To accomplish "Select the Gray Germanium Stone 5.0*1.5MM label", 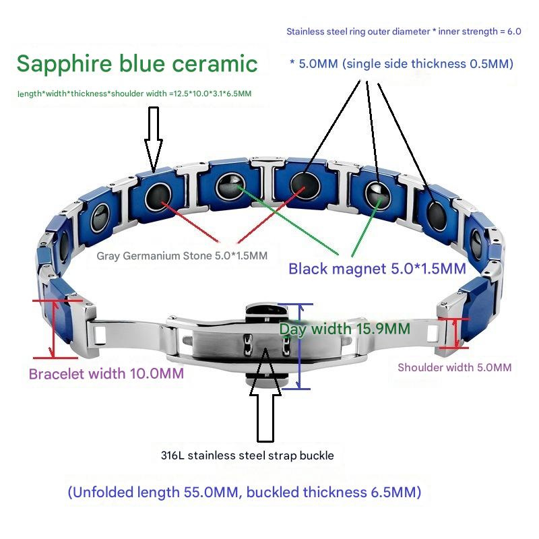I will (x=182, y=255).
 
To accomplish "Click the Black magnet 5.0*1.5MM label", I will (x=377, y=269).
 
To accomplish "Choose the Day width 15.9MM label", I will (x=345, y=329).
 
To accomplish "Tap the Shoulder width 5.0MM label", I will (x=454, y=367).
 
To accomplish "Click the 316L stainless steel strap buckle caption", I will (x=247, y=455).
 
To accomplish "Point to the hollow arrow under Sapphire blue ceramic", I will (x=154, y=136).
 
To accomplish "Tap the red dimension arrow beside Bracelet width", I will (x=53, y=329).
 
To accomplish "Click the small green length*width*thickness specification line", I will (x=135, y=94).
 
